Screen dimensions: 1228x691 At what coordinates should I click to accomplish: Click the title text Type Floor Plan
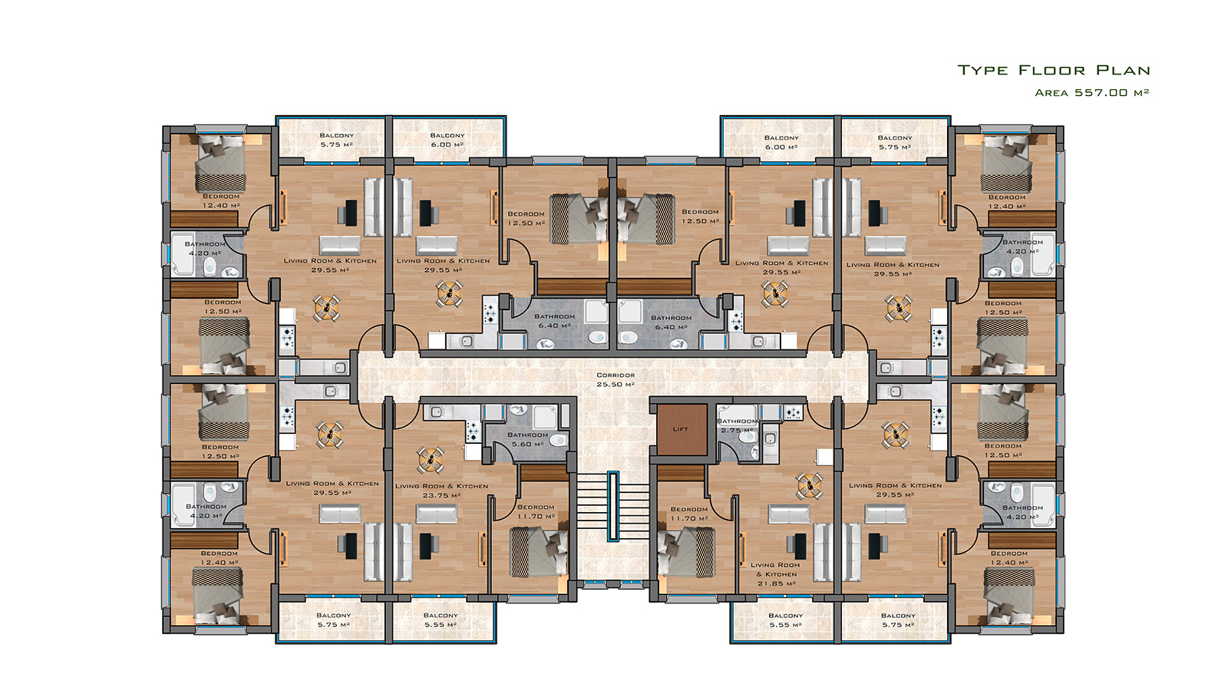click(1054, 70)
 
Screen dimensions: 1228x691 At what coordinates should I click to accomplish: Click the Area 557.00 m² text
click(1091, 93)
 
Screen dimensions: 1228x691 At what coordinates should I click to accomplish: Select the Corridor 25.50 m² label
click(616, 379)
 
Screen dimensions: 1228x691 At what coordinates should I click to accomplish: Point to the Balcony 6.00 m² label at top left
click(447, 140)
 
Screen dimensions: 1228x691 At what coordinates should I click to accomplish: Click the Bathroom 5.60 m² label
click(527, 439)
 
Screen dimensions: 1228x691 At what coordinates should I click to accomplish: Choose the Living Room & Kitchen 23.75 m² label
click(441, 491)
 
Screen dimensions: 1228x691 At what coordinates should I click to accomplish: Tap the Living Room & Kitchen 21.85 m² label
click(776, 574)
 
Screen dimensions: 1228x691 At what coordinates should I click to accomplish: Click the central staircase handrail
click(613, 506)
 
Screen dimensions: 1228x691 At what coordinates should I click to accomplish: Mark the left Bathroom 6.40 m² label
click(554, 321)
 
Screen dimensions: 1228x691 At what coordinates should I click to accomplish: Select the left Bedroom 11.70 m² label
click(536, 511)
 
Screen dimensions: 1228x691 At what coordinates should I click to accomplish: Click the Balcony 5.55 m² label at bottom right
click(786, 620)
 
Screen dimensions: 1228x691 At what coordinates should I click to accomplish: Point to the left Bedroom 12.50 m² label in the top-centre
click(526, 218)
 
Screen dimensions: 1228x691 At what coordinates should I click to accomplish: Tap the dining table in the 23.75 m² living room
click(431, 460)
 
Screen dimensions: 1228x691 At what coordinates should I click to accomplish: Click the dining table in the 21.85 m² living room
click(809, 485)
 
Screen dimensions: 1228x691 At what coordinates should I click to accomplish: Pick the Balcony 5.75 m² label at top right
click(895, 142)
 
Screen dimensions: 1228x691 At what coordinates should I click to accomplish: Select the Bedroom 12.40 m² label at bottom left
click(220, 557)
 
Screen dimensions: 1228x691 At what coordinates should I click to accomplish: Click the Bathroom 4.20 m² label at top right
click(1022, 246)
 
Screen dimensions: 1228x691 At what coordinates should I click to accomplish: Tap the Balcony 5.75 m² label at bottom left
click(333, 620)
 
